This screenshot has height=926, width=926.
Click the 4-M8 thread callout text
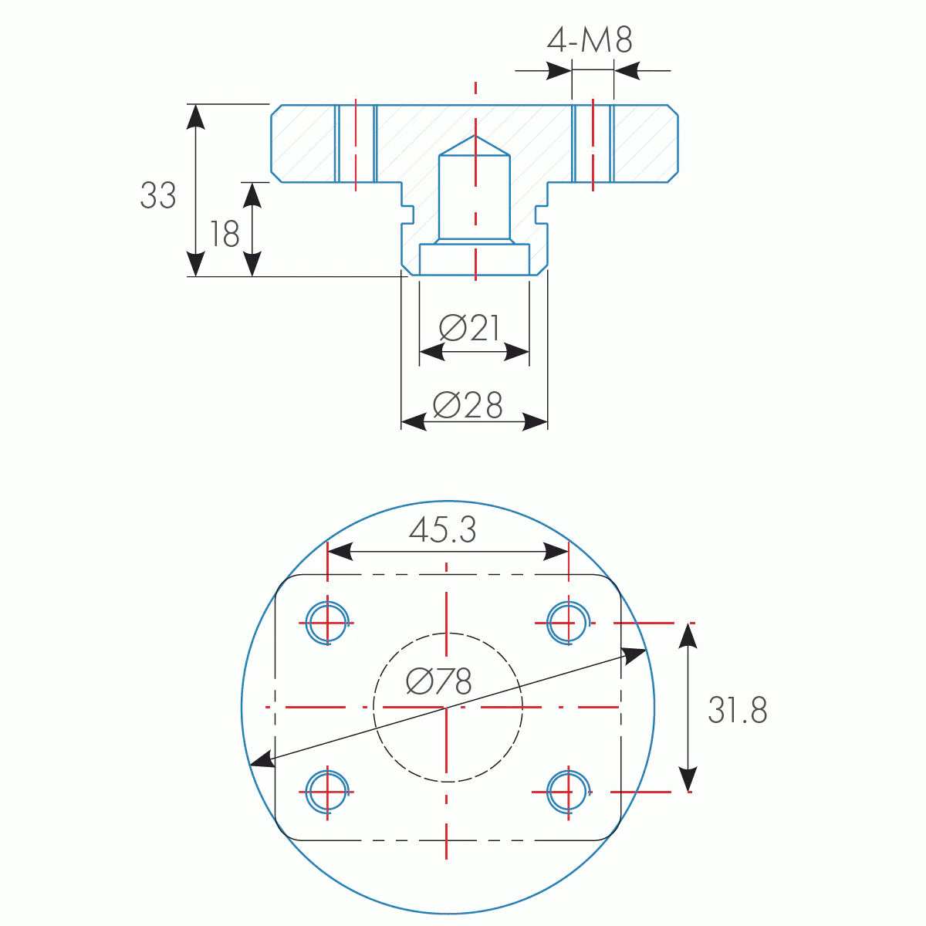(590, 40)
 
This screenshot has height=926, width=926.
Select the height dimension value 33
(158, 196)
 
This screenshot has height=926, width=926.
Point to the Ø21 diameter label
(470, 329)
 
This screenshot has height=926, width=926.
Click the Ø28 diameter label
(468, 405)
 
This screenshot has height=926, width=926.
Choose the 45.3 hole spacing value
(443, 530)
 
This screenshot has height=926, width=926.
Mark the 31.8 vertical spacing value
(737, 710)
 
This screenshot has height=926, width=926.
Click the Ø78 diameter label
(438, 681)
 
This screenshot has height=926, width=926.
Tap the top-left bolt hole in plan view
(328, 622)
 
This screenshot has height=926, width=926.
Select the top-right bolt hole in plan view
(569, 622)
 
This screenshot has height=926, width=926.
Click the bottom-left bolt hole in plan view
(328, 791)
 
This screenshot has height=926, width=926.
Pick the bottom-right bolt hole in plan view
(569, 791)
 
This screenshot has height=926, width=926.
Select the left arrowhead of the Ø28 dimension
(413, 422)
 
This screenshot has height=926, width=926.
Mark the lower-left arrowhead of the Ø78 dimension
(262, 760)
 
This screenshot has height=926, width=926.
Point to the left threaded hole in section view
(356, 144)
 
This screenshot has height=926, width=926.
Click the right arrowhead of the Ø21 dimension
(518, 353)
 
